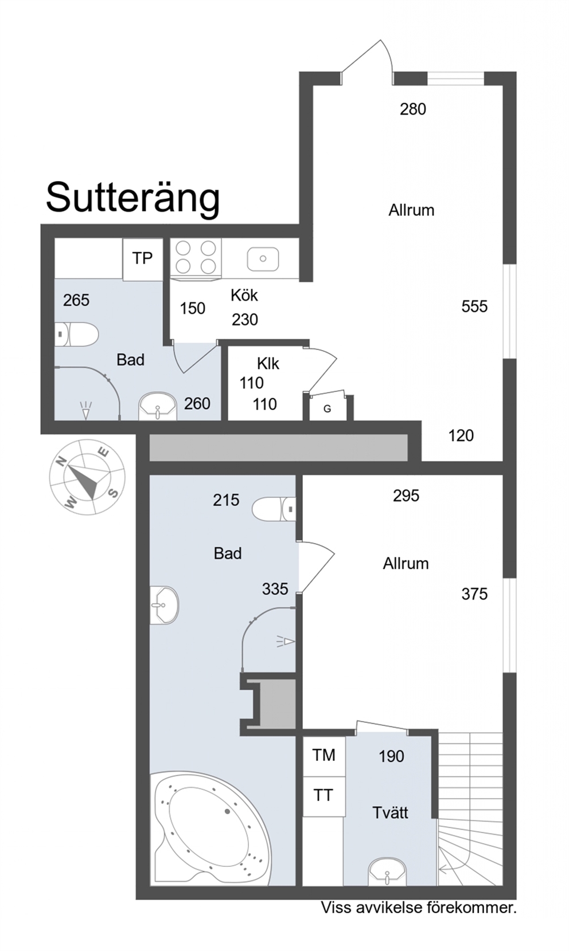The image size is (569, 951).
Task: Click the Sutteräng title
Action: [132, 199]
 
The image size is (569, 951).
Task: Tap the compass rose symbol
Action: [87, 476]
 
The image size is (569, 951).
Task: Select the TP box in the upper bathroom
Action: [143, 259]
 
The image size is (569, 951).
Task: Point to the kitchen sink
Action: [263, 258]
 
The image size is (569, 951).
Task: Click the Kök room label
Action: [244, 295]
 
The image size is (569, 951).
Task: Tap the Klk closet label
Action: [268, 363]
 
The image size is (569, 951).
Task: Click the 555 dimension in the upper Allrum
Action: [475, 306]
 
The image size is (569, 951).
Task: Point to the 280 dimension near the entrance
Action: [413, 109]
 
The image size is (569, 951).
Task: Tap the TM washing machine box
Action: [324, 755]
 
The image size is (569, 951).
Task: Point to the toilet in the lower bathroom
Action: [274, 509]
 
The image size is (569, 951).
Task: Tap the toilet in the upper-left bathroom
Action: [76, 334]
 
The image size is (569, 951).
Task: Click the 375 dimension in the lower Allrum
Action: [475, 594]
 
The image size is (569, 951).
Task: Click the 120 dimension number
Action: [461, 435]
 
